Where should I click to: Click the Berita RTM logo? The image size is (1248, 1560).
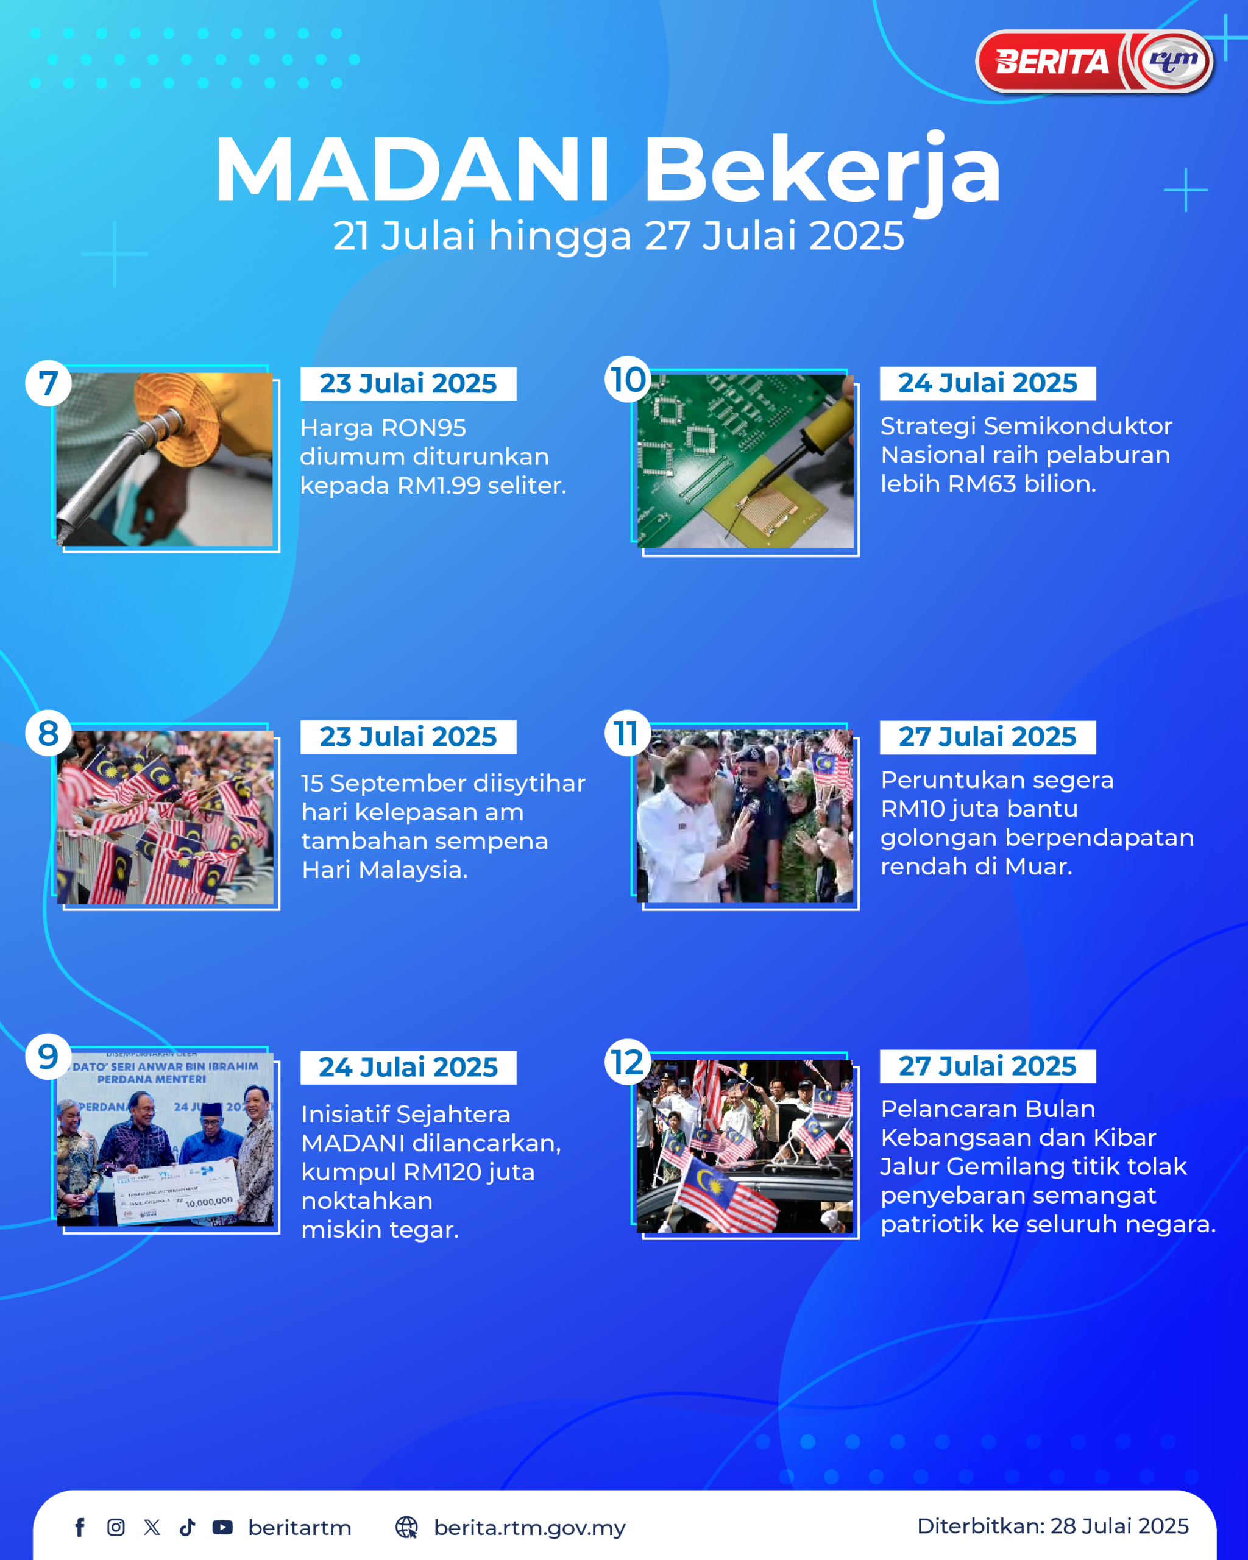tap(1094, 62)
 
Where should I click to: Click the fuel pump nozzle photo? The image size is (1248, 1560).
tap(165, 459)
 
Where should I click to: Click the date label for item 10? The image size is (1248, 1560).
tap(988, 383)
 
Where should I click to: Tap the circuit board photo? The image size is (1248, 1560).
tap(745, 461)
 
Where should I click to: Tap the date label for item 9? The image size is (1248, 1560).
tap(408, 1067)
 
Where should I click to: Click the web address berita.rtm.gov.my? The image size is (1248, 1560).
tap(530, 1528)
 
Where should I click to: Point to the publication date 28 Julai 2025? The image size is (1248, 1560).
tap(1119, 1526)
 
